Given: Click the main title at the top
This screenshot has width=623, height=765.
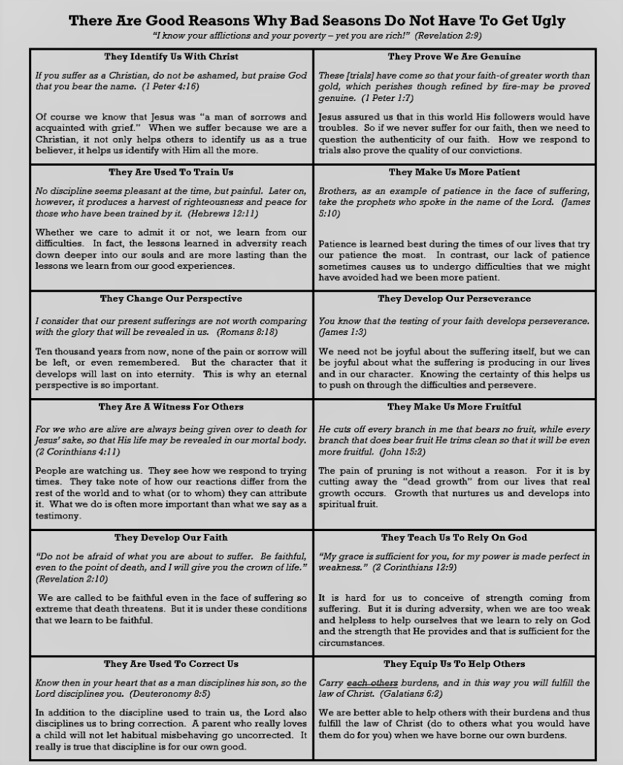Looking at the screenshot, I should click(x=317, y=20).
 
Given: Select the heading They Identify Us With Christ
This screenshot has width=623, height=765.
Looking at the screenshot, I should click(x=172, y=56).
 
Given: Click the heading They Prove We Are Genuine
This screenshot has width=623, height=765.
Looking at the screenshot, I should click(x=454, y=56).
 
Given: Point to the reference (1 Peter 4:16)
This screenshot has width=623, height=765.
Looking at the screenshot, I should click(x=171, y=86).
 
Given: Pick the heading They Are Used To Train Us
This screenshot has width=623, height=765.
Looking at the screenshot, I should click(x=172, y=172).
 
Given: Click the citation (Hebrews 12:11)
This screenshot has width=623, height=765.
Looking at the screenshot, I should click(x=222, y=213).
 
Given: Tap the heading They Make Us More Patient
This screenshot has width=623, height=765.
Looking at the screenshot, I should click(x=454, y=172).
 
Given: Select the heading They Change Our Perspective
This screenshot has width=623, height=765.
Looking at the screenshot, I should click(x=172, y=299).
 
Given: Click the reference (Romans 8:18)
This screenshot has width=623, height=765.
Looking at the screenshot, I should click(x=247, y=332).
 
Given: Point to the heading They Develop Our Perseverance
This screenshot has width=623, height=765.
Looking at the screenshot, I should click(x=454, y=299).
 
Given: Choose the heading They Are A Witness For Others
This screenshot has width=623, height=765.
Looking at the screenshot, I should click(x=172, y=407).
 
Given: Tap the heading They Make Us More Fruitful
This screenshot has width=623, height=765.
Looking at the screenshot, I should click(x=454, y=407).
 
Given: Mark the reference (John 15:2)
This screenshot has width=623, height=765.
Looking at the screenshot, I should click(x=402, y=452).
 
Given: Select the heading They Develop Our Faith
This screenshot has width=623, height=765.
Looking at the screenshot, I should click(x=172, y=538).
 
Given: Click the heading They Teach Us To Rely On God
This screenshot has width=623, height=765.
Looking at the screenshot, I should click(x=454, y=538).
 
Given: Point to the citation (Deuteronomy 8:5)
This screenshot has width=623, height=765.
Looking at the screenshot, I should click(x=170, y=694).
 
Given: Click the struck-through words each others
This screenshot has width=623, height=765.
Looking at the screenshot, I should click(x=372, y=683).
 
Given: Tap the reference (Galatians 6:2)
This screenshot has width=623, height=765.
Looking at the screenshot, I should click(x=411, y=694).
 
